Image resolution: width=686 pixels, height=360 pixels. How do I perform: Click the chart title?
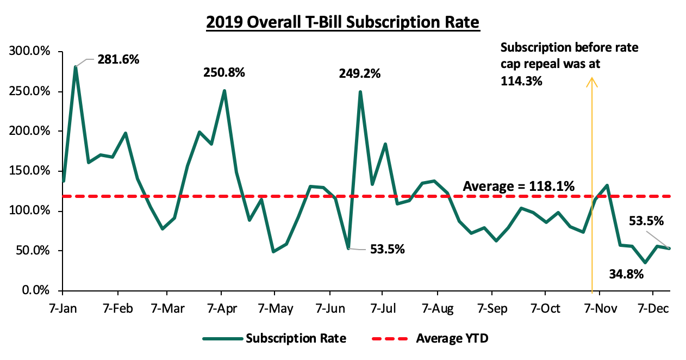click(342, 22)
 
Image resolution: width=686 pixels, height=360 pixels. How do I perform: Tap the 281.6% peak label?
click(119, 59)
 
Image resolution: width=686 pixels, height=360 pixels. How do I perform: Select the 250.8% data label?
click(224, 72)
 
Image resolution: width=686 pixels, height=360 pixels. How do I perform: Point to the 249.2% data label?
click(360, 72)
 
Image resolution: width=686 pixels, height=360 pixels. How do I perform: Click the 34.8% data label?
click(626, 274)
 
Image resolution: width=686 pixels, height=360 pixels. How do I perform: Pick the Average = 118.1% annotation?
click(519, 187)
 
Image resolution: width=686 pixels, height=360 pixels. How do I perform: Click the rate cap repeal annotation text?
click(569, 64)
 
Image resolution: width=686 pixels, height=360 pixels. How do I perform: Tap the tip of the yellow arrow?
click(591, 79)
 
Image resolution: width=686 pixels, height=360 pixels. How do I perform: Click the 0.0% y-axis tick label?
click(36, 291)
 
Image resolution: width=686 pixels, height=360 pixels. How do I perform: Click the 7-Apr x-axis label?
click(221, 308)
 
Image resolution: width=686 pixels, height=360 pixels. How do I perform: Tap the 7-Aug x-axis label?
click(437, 308)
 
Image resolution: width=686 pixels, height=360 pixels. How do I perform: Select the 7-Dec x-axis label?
click(653, 308)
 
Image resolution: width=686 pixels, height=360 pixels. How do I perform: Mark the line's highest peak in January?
click(76, 66)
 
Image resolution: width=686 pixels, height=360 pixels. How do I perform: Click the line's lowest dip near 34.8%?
click(645, 263)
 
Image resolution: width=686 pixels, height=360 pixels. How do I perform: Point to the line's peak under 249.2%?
click(360, 92)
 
